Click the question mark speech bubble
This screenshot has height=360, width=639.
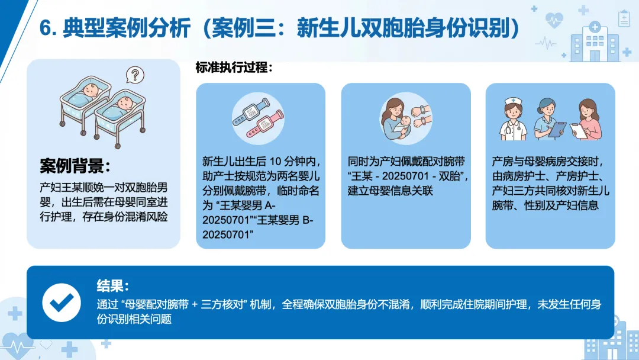[x=135, y=75]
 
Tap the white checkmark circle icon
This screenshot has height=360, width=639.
[x=62, y=303]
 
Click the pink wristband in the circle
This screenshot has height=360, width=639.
[x=265, y=123]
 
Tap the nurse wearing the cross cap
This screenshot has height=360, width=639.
[x=513, y=119]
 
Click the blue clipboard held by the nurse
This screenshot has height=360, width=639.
[x=557, y=129]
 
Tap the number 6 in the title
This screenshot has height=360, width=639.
[x=45, y=29]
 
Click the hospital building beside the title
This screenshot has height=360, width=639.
[x=595, y=41]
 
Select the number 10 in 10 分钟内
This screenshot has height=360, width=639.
[x=276, y=162]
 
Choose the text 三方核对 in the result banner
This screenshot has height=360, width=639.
[x=222, y=304]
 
